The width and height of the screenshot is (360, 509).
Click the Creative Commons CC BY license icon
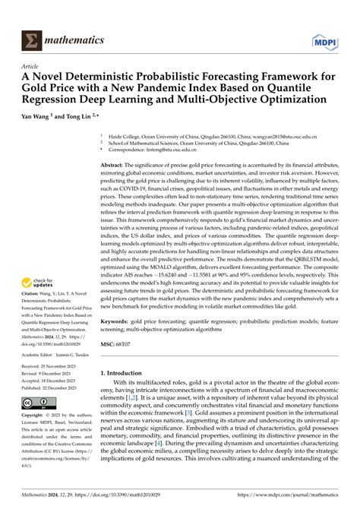coord(33,403)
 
